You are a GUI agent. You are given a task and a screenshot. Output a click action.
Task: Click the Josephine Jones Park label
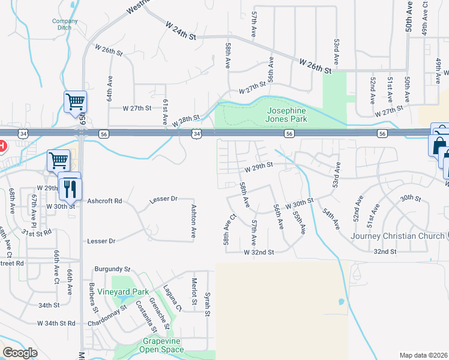click(x=286, y=115)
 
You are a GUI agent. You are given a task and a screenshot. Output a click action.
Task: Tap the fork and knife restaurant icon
click(x=71, y=188)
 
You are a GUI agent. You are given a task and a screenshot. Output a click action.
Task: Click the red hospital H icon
click(x=2, y=146)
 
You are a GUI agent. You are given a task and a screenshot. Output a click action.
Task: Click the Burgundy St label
click(x=112, y=269)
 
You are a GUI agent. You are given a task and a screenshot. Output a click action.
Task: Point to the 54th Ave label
click(x=331, y=219)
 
